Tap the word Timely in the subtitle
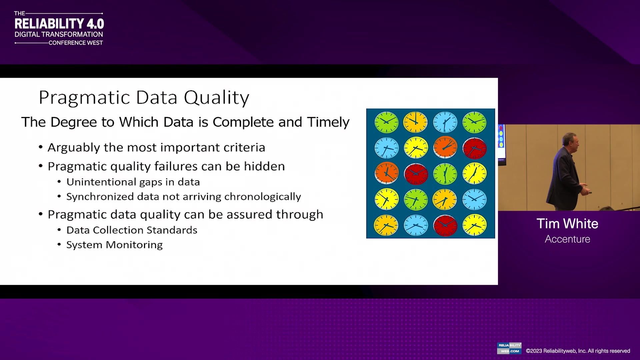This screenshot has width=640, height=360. click(328, 122)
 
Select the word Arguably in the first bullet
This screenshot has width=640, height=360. click(73, 148)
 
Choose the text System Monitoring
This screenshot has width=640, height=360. click(114, 245)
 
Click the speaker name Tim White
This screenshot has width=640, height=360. click(567, 224)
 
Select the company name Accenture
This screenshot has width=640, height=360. click(567, 239)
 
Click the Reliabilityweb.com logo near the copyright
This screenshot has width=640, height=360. click(509, 348)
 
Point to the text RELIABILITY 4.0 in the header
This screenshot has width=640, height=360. click(59, 24)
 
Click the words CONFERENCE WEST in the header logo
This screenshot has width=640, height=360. click(76, 43)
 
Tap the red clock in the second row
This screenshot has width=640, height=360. click(474, 148)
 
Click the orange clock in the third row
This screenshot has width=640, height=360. click(387, 173)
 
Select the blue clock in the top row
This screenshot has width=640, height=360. click(445, 122)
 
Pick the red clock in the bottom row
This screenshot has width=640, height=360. click(445, 225)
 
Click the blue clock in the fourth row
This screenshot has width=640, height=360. click(474, 199)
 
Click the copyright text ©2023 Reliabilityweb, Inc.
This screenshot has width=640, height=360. click(578, 351)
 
